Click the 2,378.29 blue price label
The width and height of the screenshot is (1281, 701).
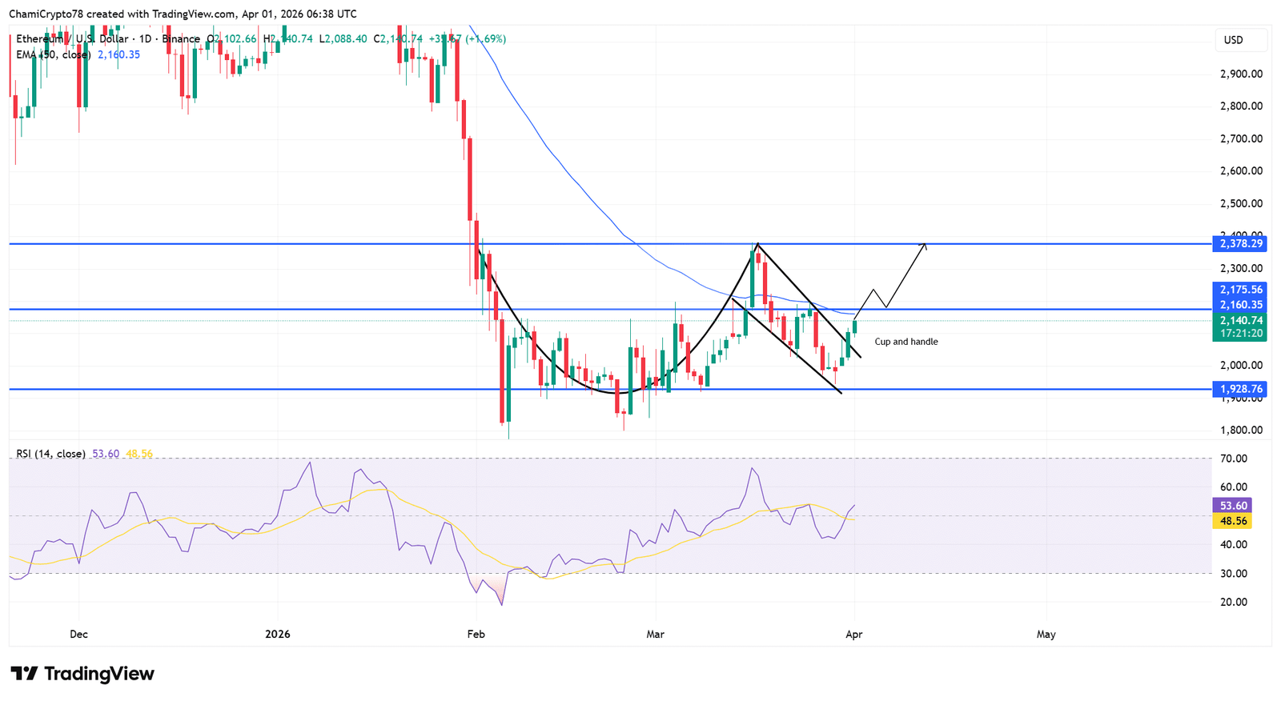coord(1240,243)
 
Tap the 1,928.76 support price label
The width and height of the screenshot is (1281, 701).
coord(1240,389)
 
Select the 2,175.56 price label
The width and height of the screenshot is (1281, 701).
coord(1240,290)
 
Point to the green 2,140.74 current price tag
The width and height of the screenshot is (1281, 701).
coord(1240,320)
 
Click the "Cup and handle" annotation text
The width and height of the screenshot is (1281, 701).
coord(906,342)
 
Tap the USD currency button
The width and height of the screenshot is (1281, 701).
coord(1233,40)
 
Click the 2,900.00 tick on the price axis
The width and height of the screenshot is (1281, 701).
coord(1241,74)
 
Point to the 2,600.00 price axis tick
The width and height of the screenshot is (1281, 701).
coord(1241,170)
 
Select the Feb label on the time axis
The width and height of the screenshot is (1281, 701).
coord(476,634)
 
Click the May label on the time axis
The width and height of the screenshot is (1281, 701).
coord(1046,634)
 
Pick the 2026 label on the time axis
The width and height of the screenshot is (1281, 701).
coord(277,634)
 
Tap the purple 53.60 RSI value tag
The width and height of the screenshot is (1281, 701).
coord(1233,505)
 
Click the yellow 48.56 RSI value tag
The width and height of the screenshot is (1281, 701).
coord(1233,521)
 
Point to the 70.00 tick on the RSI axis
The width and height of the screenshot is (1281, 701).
coord(1234,459)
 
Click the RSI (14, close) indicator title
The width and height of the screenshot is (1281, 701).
coord(51,454)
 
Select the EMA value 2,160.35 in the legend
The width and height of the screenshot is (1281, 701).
coord(118,54)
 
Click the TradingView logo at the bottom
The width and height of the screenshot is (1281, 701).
coord(82,674)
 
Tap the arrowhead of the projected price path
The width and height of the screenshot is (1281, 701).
coord(925,244)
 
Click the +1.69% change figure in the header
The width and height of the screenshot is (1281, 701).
coord(487,38)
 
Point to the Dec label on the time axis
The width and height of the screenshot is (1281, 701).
coord(78,634)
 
